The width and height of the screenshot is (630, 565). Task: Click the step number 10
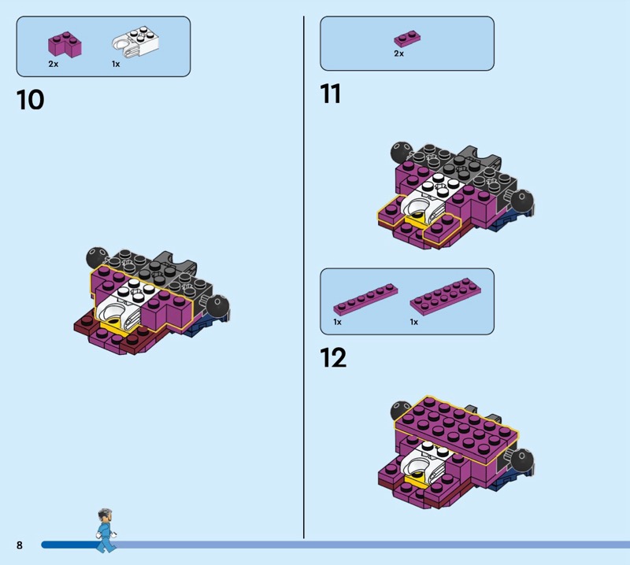coord(30,100)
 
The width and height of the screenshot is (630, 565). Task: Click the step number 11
coord(330,94)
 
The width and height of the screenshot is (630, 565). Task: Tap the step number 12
coord(333,358)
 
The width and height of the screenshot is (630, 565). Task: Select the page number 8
coord(19,545)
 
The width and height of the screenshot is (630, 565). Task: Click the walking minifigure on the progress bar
coord(106,530)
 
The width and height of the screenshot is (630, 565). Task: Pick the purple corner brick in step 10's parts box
coord(65,44)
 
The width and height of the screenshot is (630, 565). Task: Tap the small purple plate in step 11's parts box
coord(407,39)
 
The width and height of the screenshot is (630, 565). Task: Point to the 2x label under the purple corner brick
coord(54,64)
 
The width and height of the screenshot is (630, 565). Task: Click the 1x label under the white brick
coord(116,64)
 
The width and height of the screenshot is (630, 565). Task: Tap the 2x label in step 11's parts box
coord(399,54)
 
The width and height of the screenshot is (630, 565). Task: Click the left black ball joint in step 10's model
coord(96,257)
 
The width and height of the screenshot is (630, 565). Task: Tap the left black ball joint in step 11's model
coord(401,152)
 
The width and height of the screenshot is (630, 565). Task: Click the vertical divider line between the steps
coord(304,277)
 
